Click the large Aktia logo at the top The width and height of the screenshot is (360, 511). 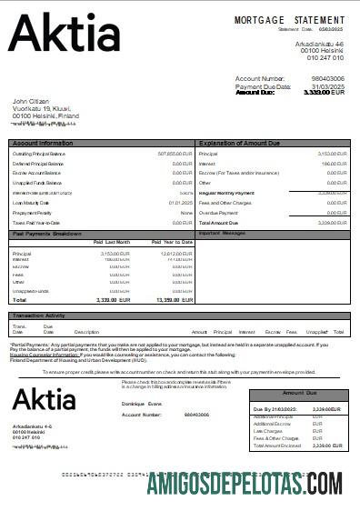click(x=64, y=34)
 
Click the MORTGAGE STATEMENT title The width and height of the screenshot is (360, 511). click(x=289, y=19)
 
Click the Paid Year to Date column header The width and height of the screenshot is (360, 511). click(x=171, y=242)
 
